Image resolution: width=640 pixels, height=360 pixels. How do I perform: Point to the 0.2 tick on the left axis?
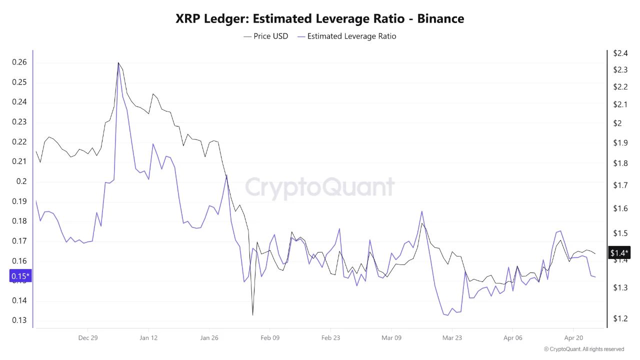[21, 181]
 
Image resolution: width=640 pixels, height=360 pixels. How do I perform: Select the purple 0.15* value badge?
[20, 276]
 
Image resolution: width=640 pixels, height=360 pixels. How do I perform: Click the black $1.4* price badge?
[619, 253]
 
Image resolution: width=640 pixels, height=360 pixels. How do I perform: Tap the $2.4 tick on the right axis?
[620, 53]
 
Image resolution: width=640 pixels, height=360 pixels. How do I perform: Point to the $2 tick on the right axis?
[617, 123]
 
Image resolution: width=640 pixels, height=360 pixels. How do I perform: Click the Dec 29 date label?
[87, 338]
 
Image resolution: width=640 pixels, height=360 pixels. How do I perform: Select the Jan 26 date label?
[209, 338]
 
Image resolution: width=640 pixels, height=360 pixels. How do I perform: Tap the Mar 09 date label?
[391, 338]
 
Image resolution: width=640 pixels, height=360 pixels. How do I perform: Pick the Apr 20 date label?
[573, 338]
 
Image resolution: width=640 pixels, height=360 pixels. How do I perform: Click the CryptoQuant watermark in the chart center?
[320, 187]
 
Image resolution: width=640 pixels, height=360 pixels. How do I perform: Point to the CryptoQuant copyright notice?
[584, 349]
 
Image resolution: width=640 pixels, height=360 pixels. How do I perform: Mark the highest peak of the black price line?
[118, 62]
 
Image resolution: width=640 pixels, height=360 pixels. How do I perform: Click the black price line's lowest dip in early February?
[252, 315]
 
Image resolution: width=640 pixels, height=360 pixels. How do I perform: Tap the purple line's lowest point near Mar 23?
[447, 315]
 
